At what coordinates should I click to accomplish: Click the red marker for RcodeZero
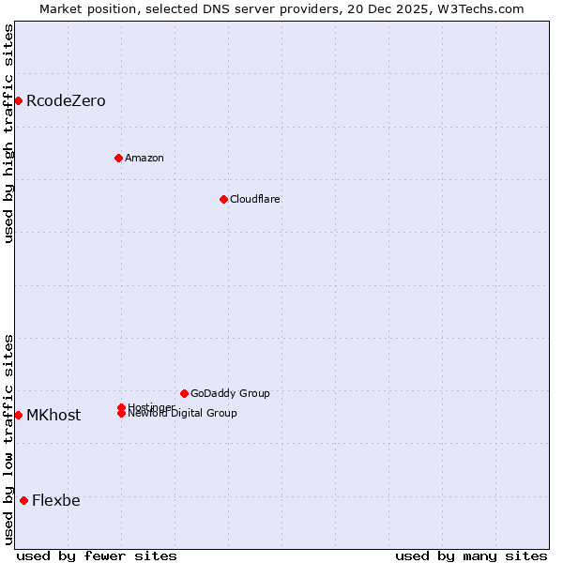pos(18,100)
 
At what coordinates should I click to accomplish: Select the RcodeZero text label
pos(66,101)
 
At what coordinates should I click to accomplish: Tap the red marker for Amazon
pos(118,158)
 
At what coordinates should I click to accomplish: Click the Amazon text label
pos(144,158)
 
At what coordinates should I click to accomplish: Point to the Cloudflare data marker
pos(223,199)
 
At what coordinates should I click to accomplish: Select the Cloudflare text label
pos(254,199)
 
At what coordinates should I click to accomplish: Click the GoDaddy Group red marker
pos(184,393)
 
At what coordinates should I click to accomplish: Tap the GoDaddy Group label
pos(230,393)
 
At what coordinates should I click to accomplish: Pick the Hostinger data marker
pos(121,407)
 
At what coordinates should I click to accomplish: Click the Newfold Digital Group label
pos(182,414)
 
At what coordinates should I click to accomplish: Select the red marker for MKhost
pos(18,415)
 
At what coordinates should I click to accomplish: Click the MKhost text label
pos(53,416)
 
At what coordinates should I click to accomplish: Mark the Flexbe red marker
pos(23,500)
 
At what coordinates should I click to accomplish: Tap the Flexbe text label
pos(56,501)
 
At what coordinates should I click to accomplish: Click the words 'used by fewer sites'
pos(97,556)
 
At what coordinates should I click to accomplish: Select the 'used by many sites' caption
pos(471,556)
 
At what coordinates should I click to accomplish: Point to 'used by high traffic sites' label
pos(8,133)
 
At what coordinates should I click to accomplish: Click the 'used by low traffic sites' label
pos(8,439)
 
